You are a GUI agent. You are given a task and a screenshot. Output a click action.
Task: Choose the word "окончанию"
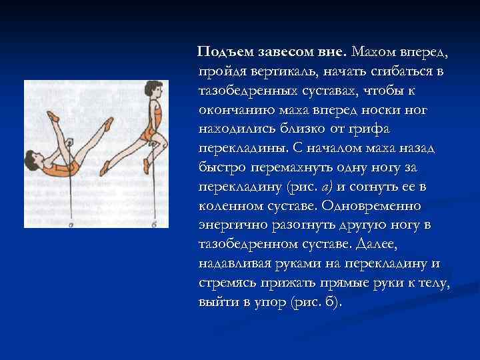(x=235, y=108)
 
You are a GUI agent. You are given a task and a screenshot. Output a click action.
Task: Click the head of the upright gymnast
(x=154, y=89)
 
